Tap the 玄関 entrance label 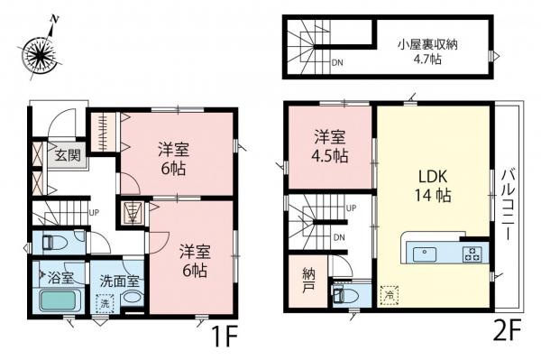(68, 154)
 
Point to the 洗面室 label (118, 279)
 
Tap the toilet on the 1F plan (57, 243)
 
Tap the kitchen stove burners (472, 253)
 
